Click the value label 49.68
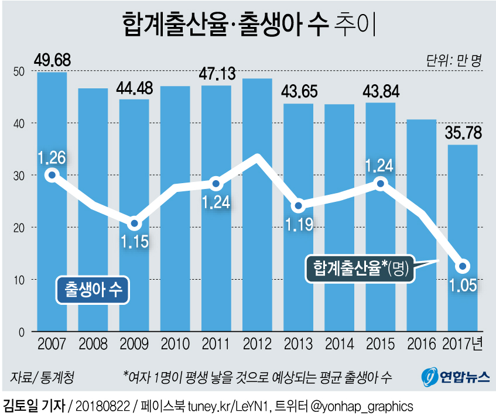click(x=52, y=61)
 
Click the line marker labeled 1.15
click(x=134, y=224)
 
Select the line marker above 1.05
click(x=463, y=266)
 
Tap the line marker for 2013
click(x=298, y=206)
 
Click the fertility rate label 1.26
click(x=52, y=157)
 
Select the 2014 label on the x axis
click(x=339, y=343)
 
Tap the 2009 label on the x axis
click(x=134, y=343)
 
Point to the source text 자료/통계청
click(x=42, y=376)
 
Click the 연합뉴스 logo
click(x=456, y=376)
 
